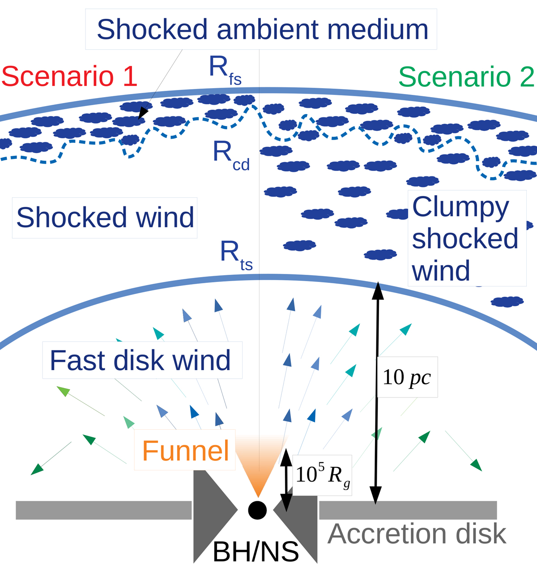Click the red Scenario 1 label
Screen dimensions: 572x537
click(x=69, y=76)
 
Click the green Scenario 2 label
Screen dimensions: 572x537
click(x=466, y=77)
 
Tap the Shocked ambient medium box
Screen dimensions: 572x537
click(x=262, y=29)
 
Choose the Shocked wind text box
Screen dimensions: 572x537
click(x=105, y=218)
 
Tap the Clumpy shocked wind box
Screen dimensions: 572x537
click(x=465, y=238)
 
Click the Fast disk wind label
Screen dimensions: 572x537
click(x=141, y=360)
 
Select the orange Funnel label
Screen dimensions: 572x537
click(x=185, y=451)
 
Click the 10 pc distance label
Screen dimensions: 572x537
click(x=406, y=377)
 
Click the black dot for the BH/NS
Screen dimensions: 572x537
click(x=257, y=510)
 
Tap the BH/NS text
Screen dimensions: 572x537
click(x=256, y=552)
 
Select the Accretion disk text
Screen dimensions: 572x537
click(x=417, y=534)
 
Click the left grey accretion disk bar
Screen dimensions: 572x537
click(x=103, y=510)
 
